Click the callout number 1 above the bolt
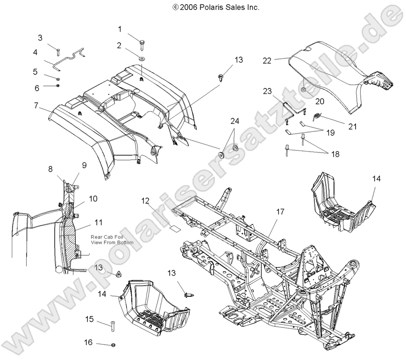[x=119, y=29]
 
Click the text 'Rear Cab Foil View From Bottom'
[x=112, y=239]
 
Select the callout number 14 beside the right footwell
[x=377, y=178]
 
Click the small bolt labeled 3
[x=58, y=50]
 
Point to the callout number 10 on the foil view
[x=93, y=198]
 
